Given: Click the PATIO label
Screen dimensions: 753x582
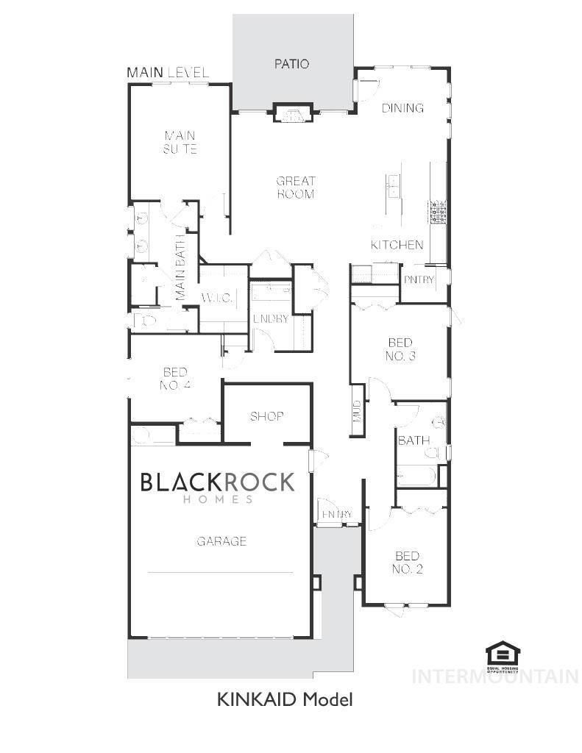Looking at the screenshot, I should pos(291,64).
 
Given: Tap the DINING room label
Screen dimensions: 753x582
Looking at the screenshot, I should pos(402,108).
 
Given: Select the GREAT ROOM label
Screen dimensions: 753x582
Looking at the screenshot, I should pos(296,188).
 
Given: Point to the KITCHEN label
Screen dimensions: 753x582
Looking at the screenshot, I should pos(397,245).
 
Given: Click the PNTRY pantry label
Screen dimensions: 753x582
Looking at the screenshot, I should pos(419,279).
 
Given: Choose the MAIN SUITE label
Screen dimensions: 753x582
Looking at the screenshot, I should pos(180,143).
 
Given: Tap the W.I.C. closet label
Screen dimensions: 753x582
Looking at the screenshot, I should pos(217,298).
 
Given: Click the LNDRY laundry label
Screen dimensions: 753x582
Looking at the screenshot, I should pos(271,318).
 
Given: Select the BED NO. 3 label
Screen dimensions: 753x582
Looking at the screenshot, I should pos(401,349).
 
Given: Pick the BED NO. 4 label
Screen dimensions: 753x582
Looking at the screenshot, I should pos(175,379).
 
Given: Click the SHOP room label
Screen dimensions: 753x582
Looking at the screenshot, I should pos(266,416).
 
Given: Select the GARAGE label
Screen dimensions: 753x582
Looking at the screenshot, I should pos(221,541).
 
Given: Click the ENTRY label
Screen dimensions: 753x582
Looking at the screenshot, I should pos(338,514).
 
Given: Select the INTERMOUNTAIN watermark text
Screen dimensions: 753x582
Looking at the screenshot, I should pos(494,677).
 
